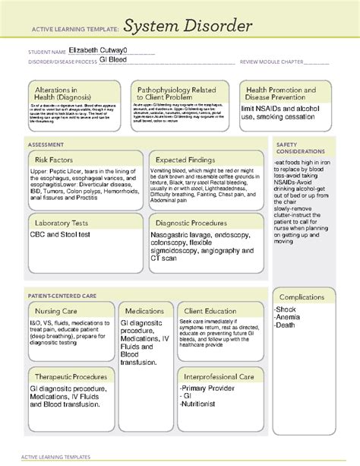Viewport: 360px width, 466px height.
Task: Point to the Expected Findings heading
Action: [x=187, y=160]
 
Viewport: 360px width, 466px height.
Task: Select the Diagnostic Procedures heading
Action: [x=191, y=223]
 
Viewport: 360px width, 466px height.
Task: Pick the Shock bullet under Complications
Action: [x=287, y=309]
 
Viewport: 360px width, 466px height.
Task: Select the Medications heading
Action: [x=144, y=311]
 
